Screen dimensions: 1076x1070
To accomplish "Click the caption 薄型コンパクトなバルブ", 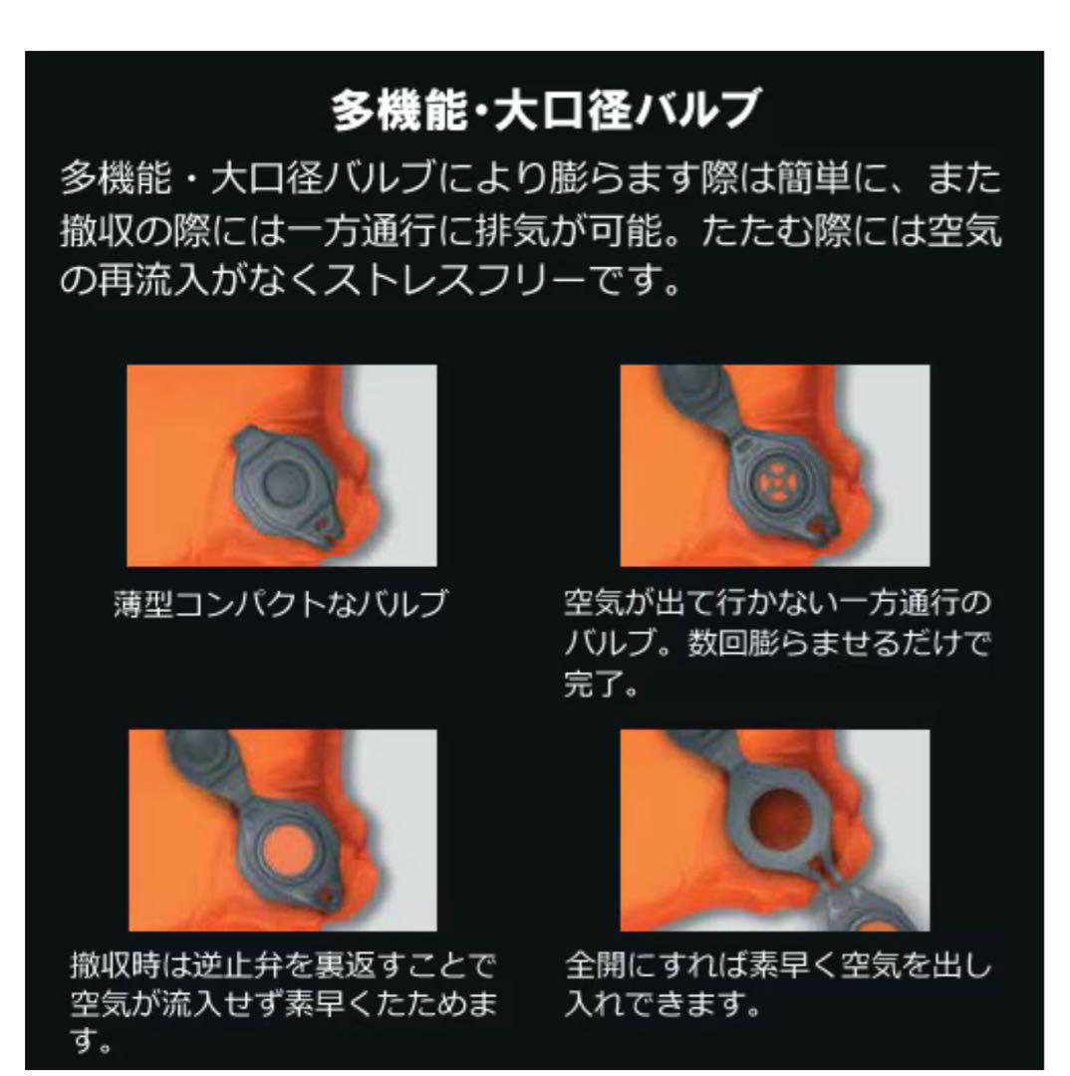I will pyautogui.click(x=280, y=604).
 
